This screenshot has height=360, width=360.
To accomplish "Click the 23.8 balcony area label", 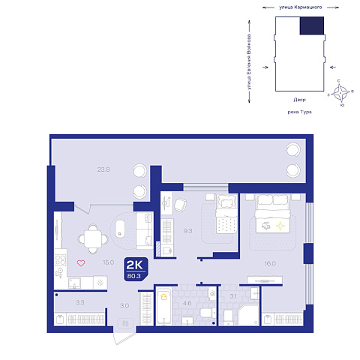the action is click(103, 169).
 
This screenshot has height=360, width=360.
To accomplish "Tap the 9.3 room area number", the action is click(187, 231).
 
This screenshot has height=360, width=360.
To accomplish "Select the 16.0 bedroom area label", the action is click(270, 263).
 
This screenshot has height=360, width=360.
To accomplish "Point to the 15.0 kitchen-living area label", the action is click(109, 262).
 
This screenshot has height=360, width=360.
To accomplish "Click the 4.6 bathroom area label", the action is click(187, 303).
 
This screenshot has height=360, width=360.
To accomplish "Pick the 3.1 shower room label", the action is click(233, 296).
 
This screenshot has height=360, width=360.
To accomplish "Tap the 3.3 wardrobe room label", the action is click(80, 302).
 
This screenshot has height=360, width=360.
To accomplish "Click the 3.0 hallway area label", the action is click(124, 306).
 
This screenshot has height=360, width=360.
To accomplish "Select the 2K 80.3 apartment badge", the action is click(136, 269).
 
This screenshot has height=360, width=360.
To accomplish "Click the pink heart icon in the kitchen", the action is click(81, 263).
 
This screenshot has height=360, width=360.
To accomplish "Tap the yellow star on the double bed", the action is click(280, 226).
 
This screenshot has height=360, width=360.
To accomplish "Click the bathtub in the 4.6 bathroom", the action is click(163, 306).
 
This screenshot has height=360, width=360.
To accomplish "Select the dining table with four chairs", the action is click(93, 239).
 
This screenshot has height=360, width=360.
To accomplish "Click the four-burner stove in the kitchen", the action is click(60, 260).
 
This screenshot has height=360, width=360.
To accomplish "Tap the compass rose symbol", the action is click(340, 93).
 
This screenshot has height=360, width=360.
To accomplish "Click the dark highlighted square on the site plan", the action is click(312, 25).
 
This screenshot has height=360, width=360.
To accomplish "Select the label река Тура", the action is click(299, 112).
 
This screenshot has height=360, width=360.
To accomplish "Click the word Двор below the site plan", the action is click(299, 100).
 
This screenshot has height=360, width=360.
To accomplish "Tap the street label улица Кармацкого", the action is click(300, 7).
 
